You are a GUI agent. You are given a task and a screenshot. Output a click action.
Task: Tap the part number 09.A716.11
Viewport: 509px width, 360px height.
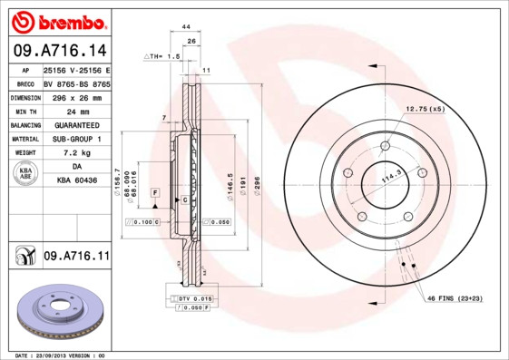tap(76, 258)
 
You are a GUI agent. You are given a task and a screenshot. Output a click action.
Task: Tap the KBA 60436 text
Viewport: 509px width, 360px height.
tap(76, 181)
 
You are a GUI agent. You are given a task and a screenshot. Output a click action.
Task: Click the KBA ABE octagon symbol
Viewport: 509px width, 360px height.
tap(25, 174)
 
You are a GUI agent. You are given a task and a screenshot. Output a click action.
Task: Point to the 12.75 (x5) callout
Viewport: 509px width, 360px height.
tap(425, 109)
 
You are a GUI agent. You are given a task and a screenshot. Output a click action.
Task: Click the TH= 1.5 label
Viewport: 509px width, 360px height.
tap(163, 56)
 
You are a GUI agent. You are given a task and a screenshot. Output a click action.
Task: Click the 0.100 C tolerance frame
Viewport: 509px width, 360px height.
tap(145, 221)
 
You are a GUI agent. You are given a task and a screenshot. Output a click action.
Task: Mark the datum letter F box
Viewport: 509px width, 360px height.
tap(155, 193)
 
